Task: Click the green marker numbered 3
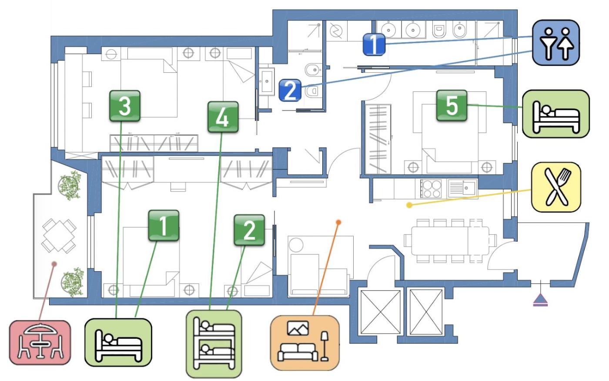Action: (x=125, y=106)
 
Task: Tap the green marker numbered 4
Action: (x=223, y=117)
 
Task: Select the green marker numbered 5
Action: (x=452, y=105)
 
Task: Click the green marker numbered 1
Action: (x=164, y=226)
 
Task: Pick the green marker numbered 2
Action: (x=249, y=230)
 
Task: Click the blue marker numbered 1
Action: (x=374, y=44)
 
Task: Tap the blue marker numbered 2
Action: (x=291, y=90)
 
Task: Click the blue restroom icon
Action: (x=556, y=42)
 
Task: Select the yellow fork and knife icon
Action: (x=556, y=187)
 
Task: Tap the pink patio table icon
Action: (x=40, y=343)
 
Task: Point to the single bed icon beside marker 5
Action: (x=556, y=114)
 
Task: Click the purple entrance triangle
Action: (x=541, y=300)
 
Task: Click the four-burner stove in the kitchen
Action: (x=431, y=189)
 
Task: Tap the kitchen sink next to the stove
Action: (x=462, y=189)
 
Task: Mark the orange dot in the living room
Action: (x=338, y=222)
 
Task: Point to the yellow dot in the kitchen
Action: (x=409, y=205)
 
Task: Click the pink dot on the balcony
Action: (x=54, y=263)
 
